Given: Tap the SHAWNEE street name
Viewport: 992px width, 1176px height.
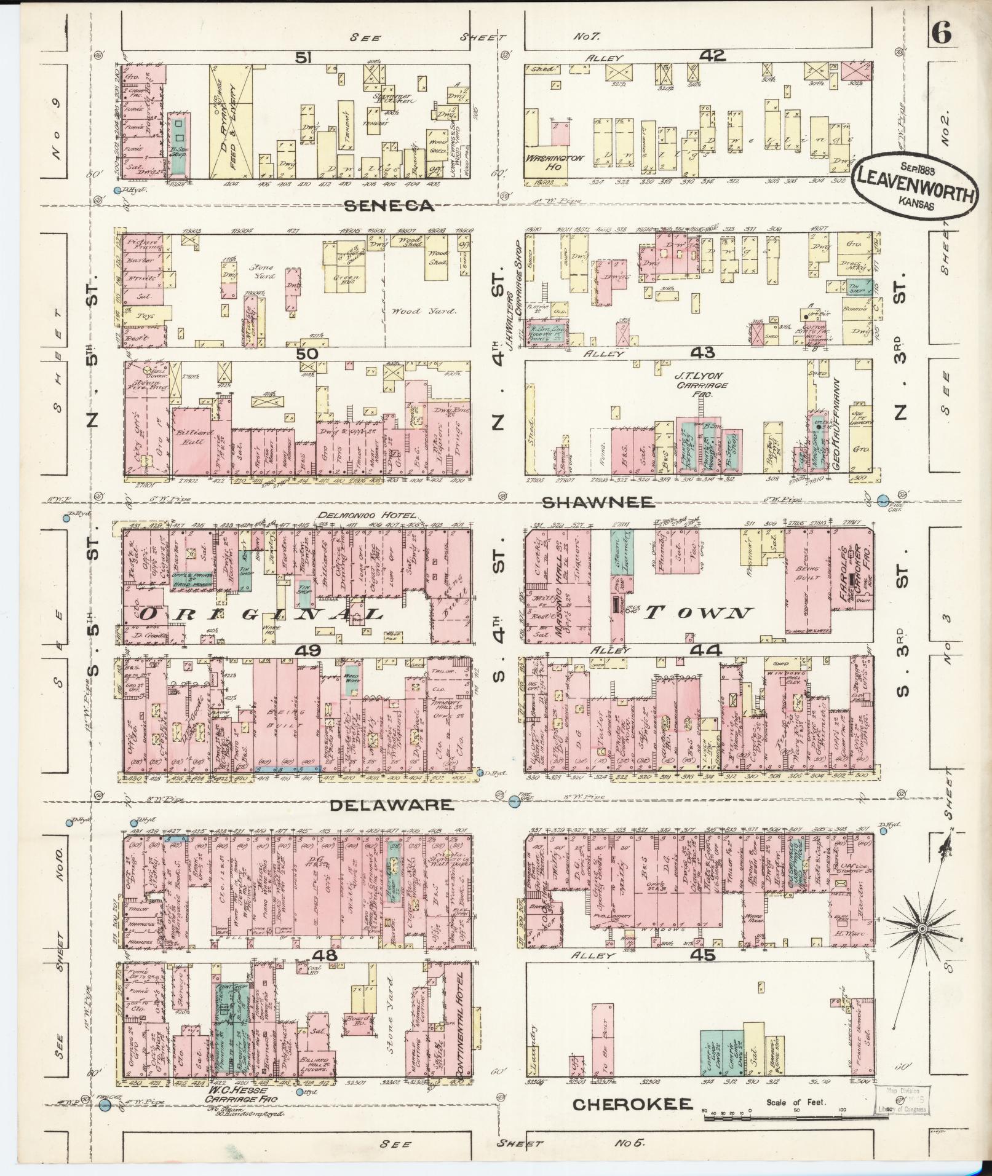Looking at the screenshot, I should click(x=598, y=502).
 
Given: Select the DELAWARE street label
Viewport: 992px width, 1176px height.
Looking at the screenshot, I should click(x=391, y=805).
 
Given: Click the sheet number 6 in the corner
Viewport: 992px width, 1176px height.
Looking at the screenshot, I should click(x=942, y=34).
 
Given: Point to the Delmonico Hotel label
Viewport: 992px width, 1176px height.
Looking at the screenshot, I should click(x=367, y=515).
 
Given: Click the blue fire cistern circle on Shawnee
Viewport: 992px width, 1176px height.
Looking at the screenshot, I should click(x=884, y=500).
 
